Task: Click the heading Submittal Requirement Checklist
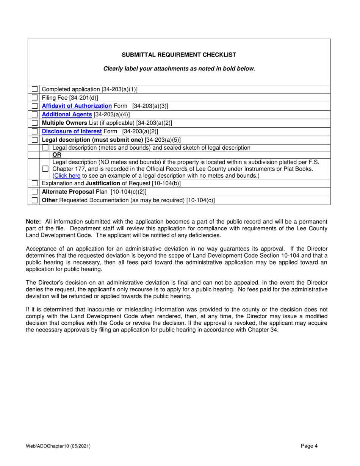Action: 179,55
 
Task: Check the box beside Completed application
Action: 34,89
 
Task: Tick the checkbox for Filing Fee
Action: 34,98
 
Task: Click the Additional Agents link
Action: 67,114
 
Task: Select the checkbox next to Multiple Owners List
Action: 34,123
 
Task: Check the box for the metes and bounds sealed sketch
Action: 45,148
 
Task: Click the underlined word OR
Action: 57,155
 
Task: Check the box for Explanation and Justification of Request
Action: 34,183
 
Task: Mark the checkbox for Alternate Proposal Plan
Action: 34,192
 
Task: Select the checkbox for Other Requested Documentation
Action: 34,200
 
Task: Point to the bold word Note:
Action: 33,221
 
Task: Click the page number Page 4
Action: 309,446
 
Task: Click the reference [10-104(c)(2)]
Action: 128,192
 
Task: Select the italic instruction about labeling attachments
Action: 179,69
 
